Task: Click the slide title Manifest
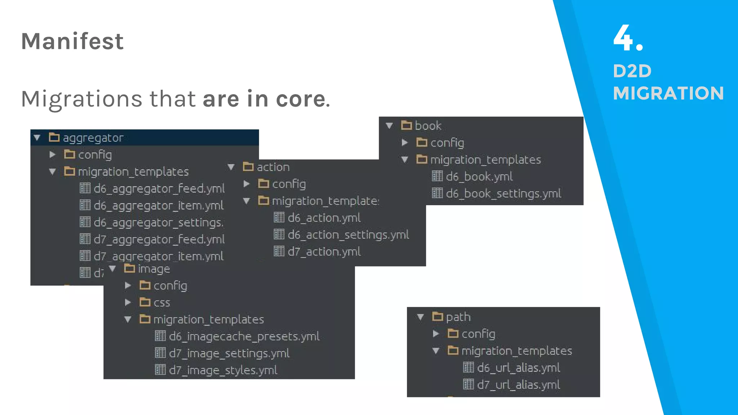click(x=72, y=41)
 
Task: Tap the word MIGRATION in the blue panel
click(x=668, y=93)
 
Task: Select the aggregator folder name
click(x=93, y=138)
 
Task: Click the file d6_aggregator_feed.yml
click(x=159, y=188)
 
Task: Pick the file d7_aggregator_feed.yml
click(x=159, y=239)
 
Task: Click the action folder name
click(x=273, y=167)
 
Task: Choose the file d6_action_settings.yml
click(x=348, y=235)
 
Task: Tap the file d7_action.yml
click(x=324, y=251)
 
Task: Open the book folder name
click(x=428, y=126)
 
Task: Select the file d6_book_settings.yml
click(x=503, y=193)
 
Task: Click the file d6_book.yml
click(x=479, y=177)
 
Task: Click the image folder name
click(x=154, y=269)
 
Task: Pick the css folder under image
click(x=161, y=303)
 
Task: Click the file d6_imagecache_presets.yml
click(x=244, y=336)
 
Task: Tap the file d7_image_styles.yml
click(x=223, y=370)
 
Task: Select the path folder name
click(x=458, y=317)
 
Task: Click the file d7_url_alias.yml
click(x=518, y=385)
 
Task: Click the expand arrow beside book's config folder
click(x=405, y=143)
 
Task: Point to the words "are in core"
click(x=264, y=99)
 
